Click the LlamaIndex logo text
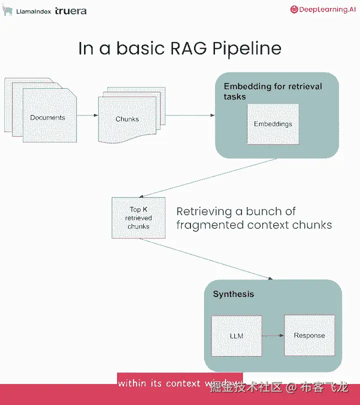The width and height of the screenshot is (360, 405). coord(33,10)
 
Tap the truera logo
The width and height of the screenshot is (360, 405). coord(71,10)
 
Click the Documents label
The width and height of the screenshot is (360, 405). coord(47,117)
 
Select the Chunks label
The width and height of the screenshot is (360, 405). coord(127,119)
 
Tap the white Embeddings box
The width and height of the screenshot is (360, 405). coord(273,124)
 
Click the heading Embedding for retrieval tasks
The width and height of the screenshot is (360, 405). coord(272,91)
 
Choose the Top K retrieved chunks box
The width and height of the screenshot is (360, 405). coord(138,218)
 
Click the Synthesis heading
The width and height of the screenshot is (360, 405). coord(233,294)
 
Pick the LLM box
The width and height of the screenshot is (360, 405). coord(236,335)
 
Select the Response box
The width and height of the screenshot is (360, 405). coord(309,335)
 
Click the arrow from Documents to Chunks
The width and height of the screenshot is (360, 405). coord(87,116)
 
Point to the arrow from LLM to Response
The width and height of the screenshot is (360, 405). coord(273,335)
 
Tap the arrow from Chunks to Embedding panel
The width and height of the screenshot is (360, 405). coord(190,116)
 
